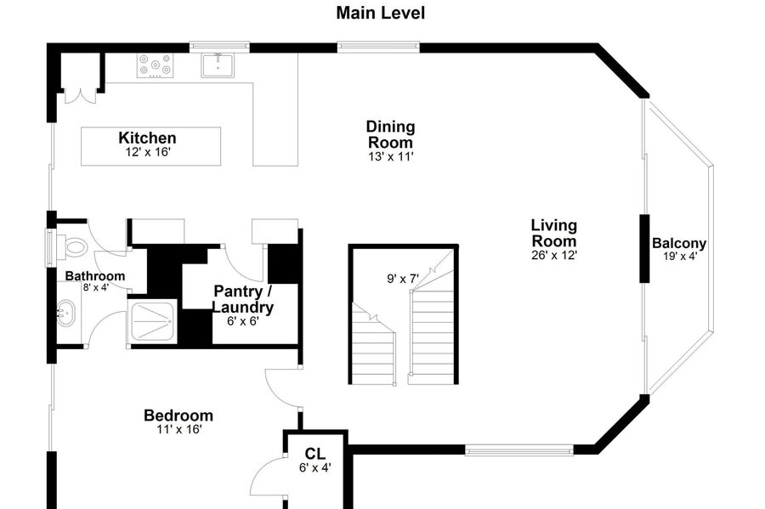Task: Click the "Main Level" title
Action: (x=381, y=13)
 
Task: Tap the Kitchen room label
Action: (x=147, y=138)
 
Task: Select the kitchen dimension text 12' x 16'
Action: (x=147, y=152)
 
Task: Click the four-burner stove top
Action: (x=156, y=65)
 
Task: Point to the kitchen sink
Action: (x=218, y=65)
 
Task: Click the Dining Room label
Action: (x=390, y=134)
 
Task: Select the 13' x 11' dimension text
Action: (x=390, y=156)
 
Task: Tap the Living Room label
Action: (x=554, y=233)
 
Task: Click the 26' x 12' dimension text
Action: (x=554, y=255)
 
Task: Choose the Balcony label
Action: (x=679, y=243)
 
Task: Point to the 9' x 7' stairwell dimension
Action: (x=403, y=279)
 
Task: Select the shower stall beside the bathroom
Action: (x=152, y=322)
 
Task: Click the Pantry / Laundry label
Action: (x=242, y=299)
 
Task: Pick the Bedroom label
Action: (x=178, y=416)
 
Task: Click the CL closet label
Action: (x=314, y=454)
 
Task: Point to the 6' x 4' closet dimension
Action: (x=315, y=468)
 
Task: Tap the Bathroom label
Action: (x=95, y=276)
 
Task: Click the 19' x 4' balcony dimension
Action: (x=680, y=257)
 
